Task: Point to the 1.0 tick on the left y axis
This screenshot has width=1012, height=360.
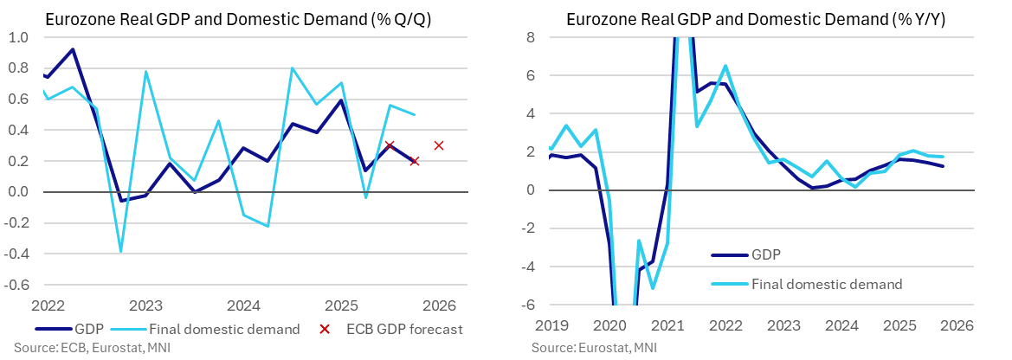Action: coord(18,37)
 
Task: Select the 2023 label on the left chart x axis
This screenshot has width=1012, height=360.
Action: coord(145,305)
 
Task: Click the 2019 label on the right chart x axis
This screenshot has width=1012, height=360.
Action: coord(551,325)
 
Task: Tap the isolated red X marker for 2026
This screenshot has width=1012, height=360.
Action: coord(439,145)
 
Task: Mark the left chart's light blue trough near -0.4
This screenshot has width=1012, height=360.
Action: coord(120,252)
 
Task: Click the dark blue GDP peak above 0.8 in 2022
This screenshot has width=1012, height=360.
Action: coord(72,49)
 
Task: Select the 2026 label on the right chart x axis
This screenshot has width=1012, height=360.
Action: coord(957,325)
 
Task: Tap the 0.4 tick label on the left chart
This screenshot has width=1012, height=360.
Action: coord(18,130)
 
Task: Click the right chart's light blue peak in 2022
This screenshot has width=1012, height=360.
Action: coord(725,66)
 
